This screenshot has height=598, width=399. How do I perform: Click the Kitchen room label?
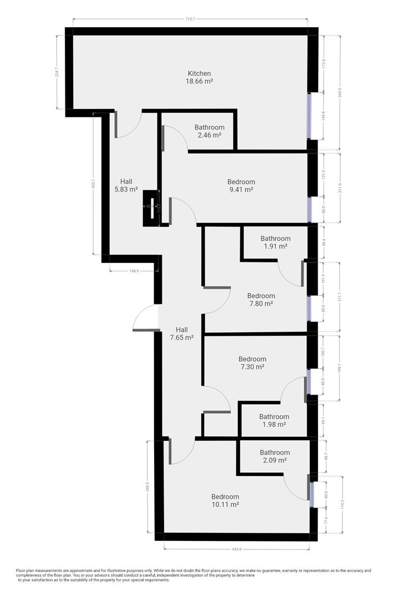tap(199, 73)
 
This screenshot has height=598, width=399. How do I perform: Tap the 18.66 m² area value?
tap(199, 81)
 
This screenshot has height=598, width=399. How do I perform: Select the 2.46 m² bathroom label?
tap(209, 135)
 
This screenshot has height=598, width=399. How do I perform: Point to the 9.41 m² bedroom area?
tap(241, 190)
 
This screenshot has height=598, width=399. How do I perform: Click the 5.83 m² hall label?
tap(126, 189)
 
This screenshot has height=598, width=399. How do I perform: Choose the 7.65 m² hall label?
tap(181, 337)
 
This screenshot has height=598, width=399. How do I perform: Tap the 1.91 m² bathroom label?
tap(275, 246)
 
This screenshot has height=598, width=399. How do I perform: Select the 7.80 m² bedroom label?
tap(261, 303)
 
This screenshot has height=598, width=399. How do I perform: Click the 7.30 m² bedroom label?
tap(252, 367)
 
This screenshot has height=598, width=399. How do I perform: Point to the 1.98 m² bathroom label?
tap(274, 425)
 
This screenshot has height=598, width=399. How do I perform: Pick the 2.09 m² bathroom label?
tap(275, 460)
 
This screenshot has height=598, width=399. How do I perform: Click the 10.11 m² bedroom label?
tap(225, 504)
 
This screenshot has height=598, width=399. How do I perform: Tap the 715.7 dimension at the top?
tap(190, 19)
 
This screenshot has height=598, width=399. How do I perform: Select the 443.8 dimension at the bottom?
tap(237, 549)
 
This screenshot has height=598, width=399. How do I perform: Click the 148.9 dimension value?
tap(134, 271)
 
